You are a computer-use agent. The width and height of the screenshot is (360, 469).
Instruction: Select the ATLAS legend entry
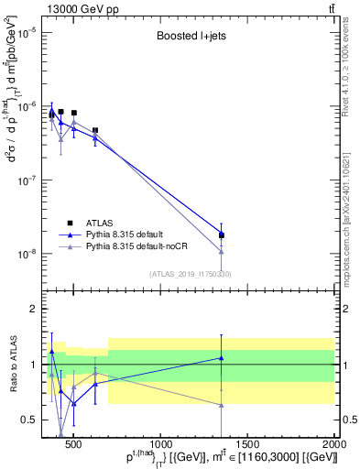point(100,222)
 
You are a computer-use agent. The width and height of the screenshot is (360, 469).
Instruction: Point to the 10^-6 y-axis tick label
point(27,107)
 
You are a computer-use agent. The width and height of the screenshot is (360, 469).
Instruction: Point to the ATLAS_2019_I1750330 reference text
point(190,273)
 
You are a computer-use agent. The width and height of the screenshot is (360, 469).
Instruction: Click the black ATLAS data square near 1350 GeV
point(221,235)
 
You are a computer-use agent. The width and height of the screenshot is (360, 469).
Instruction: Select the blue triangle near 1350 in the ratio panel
point(221,358)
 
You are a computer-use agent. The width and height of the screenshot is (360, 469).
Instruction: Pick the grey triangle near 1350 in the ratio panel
point(221,405)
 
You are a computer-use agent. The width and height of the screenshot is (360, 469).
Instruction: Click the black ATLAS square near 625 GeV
point(95,131)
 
